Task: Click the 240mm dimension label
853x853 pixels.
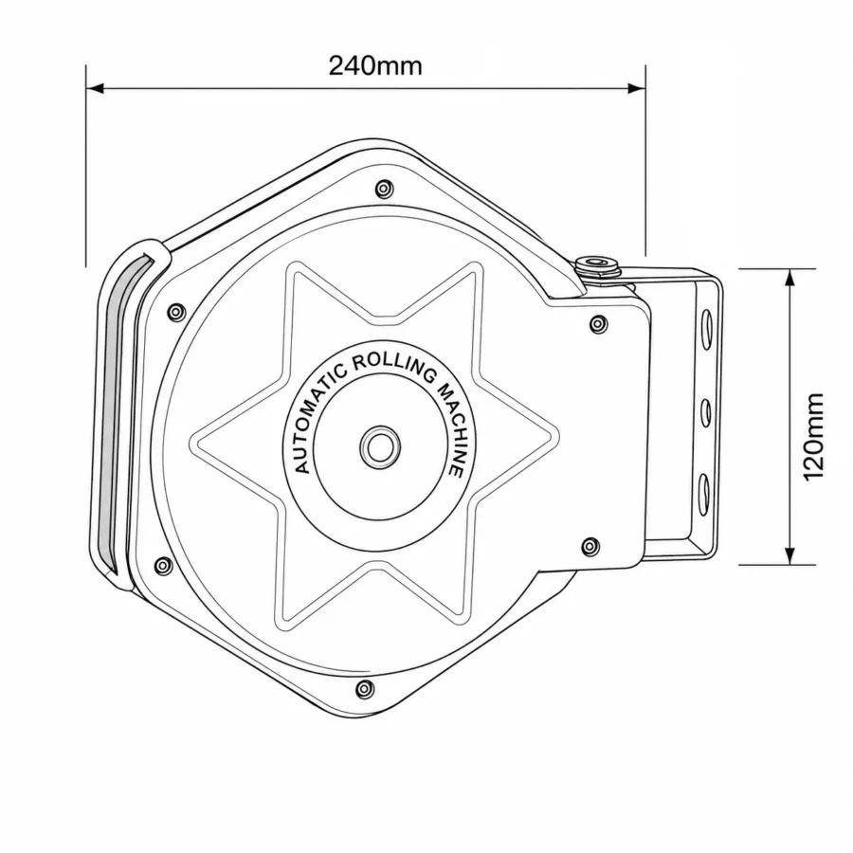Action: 375,65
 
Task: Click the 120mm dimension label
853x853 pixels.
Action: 814,437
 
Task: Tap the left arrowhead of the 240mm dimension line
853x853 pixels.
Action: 95,88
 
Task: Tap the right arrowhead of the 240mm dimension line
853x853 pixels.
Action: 637,88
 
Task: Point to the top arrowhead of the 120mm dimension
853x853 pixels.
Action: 790,278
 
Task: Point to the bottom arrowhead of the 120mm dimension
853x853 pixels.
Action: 790,555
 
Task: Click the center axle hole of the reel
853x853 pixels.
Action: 380,447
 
